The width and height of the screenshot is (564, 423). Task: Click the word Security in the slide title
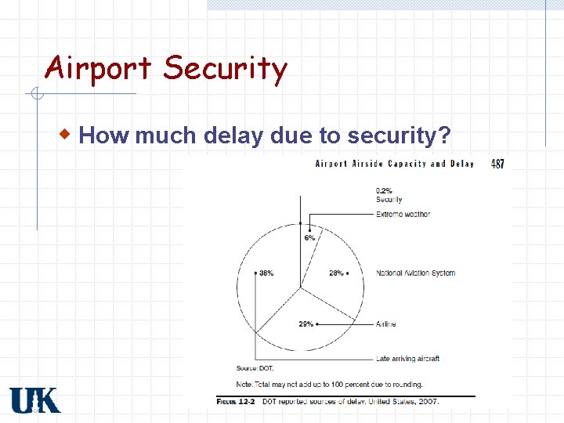click(x=225, y=69)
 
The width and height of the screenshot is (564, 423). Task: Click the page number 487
click(x=497, y=164)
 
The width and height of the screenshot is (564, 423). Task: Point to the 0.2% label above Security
click(x=385, y=190)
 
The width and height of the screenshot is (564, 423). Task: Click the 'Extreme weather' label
click(x=403, y=214)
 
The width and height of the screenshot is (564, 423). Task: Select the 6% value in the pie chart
click(x=309, y=237)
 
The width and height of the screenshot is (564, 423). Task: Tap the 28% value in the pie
click(x=336, y=273)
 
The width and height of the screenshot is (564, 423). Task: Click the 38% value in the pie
click(x=266, y=273)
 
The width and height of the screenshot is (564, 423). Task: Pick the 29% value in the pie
click(x=306, y=324)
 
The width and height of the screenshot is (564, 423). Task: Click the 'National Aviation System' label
click(x=415, y=273)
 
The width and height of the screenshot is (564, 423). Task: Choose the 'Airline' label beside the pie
click(x=386, y=324)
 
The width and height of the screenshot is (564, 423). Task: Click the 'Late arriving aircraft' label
click(x=407, y=359)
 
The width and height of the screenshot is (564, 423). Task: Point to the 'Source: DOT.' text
click(x=255, y=368)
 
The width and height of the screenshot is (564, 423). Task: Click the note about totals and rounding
click(x=329, y=384)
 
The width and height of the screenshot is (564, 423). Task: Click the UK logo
click(x=34, y=400)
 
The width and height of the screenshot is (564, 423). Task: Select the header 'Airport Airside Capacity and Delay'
click(x=394, y=164)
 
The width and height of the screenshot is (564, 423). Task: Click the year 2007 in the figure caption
click(x=428, y=402)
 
